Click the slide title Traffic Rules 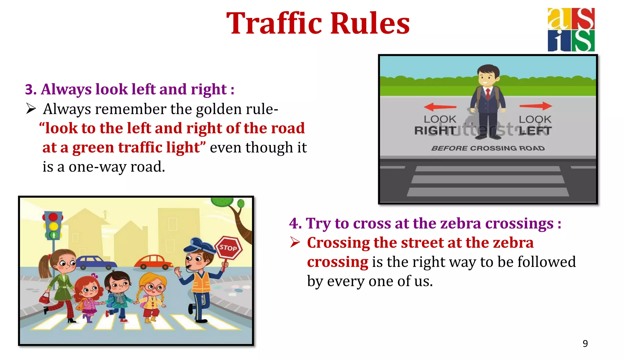pyautogui.click(x=318, y=24)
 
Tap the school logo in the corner pyautogui.click(x=571, y=30)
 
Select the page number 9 pyautogui.click(x=585, y=344)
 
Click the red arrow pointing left pyautogui.click(x=440, y=107)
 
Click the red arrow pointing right pyautogui.click(x=536, y=106)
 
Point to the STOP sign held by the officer pyautogui.click(x=228, y=248)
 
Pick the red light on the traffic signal pyautogui.click(x=53, y=217)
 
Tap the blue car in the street pyautogui.click(x=93, y=262)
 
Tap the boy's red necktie pyautogui.click(x=488, y=94)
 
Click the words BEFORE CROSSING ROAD pyautogui.click(x=488, y=148)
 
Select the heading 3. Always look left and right pyautogui.click(x=130, y=89)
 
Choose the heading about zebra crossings pyautogui.click(x=425, y=223)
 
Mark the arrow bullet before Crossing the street pyautogui.click(x=295, y=242)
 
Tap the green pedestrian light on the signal pyautogui.click(x=54, y=235)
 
